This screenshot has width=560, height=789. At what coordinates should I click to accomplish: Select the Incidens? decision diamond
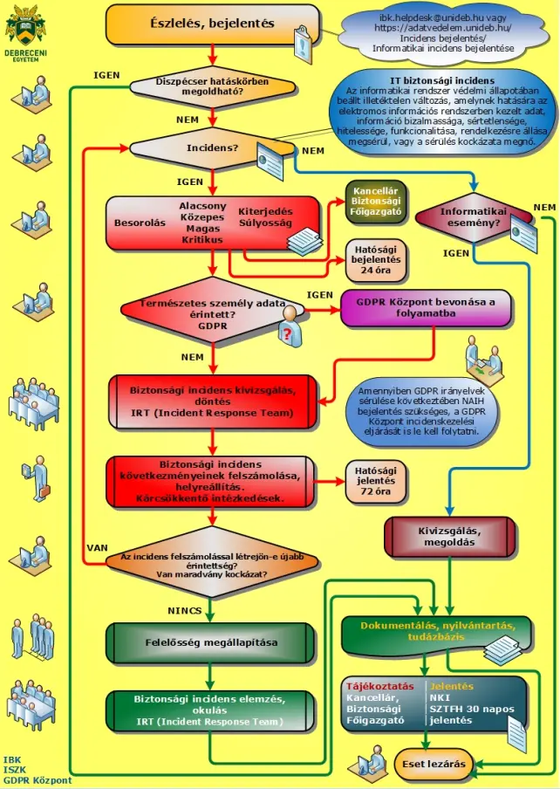pos(212,148)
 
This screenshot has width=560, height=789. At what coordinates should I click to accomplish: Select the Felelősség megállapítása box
pos(211,642)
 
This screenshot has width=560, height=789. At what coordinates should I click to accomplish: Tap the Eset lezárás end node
pos(433,765)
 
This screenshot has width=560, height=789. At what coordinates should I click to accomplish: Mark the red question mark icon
pos(286,333)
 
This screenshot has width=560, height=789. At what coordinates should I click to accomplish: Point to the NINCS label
pos(185,609)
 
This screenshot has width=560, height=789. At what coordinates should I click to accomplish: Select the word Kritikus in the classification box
pos(202,239)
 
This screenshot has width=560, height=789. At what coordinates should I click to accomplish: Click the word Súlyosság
pos(266,223)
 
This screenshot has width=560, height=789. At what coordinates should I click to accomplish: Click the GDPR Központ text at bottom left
pos(38,780)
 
